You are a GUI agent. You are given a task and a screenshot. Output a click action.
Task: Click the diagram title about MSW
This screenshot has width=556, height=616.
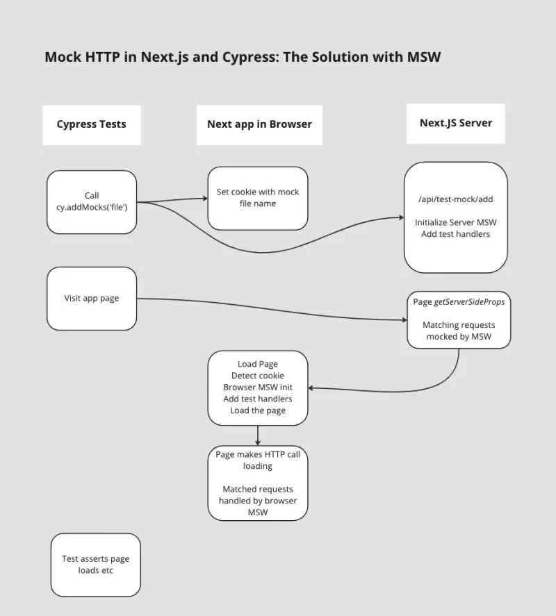click(x=243, y=57)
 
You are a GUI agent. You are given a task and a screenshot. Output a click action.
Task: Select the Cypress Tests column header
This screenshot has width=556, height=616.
click(x=92, y=124)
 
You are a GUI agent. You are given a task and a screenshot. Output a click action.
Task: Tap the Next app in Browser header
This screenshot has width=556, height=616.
click(x=259, y=124)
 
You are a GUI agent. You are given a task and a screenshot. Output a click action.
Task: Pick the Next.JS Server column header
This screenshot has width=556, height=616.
click(x=456, y=123)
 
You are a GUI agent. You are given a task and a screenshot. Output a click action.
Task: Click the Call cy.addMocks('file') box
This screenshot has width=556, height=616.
click(x=92, y=202)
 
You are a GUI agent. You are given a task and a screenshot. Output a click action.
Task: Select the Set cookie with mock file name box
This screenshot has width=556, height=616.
click(x=258, y=198)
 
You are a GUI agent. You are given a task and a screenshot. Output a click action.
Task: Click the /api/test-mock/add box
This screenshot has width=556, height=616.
click(x=456, y=217)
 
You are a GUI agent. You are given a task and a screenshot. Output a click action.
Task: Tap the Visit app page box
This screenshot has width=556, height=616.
click(x=92, y=299)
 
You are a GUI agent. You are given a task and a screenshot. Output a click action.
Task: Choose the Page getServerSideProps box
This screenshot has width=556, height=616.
click(x=459, y=319)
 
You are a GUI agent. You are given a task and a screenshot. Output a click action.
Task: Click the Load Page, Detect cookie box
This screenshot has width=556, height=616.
click(x=258, y=388)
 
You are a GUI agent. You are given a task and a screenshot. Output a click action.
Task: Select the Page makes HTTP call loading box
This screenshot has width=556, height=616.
click(x=258, y=483)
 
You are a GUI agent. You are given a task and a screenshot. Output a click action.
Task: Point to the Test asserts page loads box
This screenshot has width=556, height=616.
click(x=96, y=565)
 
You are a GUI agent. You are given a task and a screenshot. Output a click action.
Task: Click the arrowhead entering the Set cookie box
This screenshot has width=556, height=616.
click(x=205, y=199)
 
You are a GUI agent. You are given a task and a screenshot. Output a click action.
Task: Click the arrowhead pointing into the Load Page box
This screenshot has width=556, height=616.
click(x=311, y=388)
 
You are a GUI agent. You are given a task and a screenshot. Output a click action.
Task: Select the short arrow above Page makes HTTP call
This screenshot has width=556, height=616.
click(x=258, y=435)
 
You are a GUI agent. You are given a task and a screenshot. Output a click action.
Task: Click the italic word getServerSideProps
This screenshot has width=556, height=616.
click(x=469, y=302)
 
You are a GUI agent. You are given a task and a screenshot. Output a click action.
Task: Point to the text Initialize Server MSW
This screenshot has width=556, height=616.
click(x=456, y=222)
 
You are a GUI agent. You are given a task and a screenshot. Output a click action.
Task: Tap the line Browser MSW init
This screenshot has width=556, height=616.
click(x=258, y=387)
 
